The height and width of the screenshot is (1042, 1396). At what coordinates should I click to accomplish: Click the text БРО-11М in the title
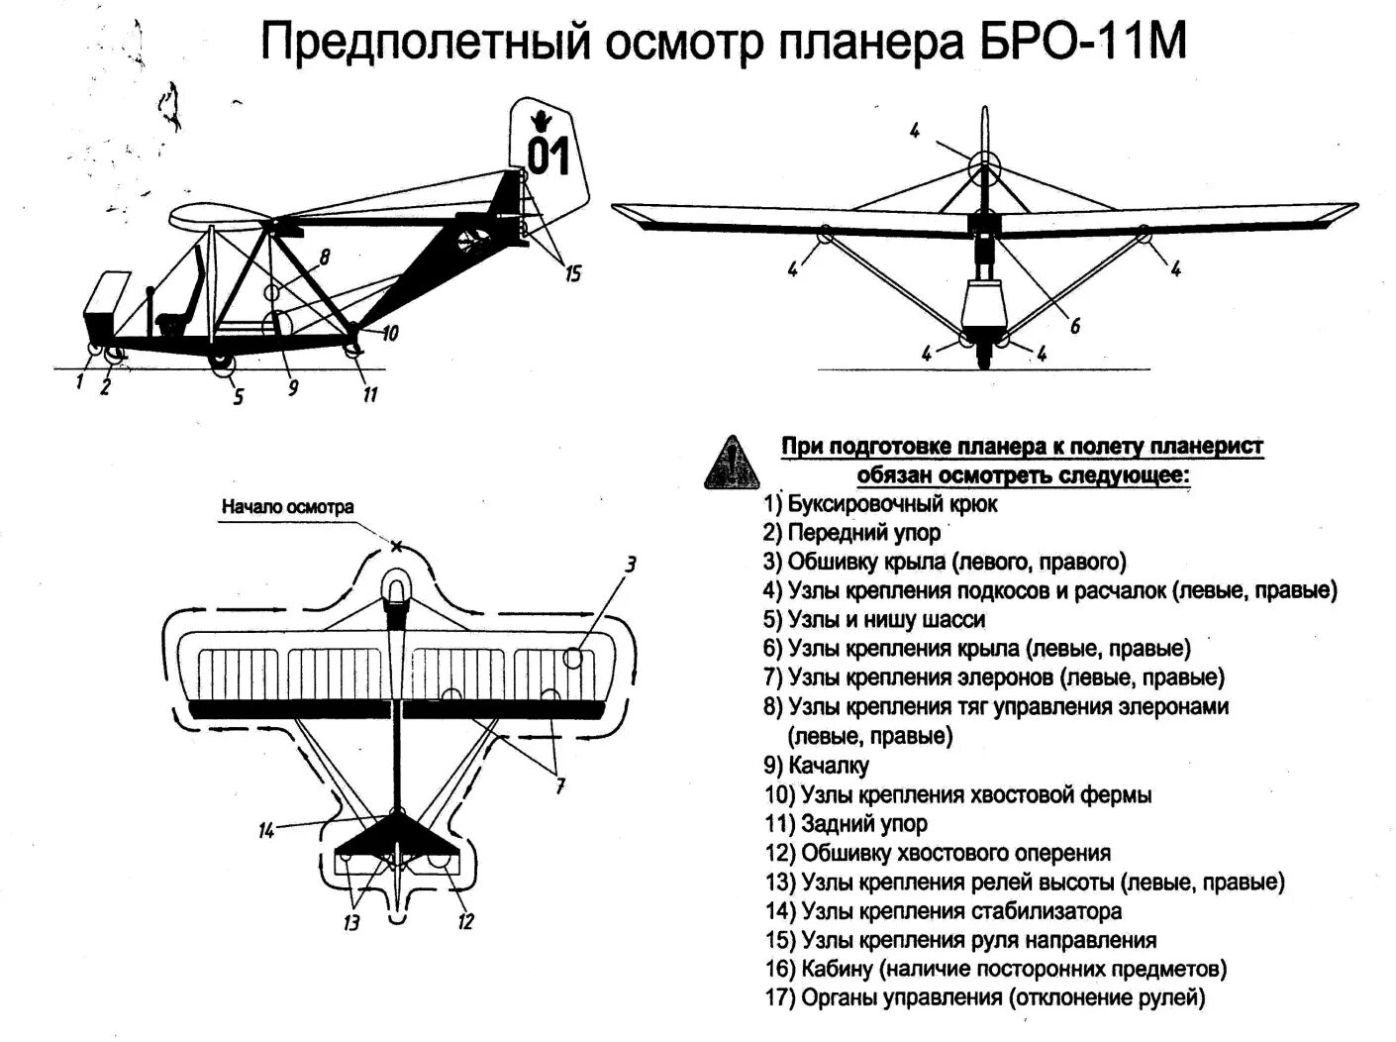1074,45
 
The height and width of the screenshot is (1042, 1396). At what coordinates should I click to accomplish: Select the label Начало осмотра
287,507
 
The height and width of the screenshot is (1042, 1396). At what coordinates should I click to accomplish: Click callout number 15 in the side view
572,274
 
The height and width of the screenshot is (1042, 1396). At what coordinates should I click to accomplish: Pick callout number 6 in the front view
1074,325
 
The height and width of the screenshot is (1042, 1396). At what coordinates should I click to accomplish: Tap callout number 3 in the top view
630,566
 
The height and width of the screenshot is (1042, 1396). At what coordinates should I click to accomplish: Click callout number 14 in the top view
265,831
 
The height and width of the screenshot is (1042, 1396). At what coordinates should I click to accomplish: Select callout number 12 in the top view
465,922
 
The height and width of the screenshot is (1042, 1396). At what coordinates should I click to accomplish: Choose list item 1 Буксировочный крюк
881,504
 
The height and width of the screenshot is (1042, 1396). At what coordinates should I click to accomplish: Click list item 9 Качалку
817,766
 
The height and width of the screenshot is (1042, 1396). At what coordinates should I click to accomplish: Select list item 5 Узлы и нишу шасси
874,620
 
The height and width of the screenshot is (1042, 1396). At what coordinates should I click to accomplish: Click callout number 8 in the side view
324,259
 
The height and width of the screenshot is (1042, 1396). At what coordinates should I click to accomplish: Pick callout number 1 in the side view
80,380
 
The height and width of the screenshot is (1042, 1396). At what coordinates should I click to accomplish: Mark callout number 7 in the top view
559,786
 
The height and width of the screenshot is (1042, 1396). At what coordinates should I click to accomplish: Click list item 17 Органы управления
985,997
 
